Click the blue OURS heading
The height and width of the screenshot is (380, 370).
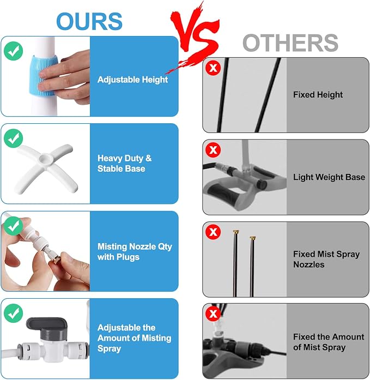(x=89, y=21)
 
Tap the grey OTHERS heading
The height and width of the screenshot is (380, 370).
(x=290, y=43)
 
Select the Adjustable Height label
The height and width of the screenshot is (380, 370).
(x=132, y=80)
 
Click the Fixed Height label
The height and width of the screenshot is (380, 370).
(x=318, y=94)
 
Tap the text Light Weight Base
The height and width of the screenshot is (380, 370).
(x=329, y=177)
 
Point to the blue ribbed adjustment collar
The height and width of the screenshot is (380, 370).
(x=43, y=76)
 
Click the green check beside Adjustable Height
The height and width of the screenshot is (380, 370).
(x=14, y=51)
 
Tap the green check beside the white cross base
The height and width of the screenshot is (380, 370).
(x=14, y=138)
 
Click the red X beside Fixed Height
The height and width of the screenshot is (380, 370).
(x=213, y=68)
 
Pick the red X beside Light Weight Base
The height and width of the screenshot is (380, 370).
(x=213, y=150)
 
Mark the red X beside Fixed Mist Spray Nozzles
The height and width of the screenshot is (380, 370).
(x=213, y=232)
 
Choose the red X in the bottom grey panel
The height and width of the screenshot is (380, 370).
(x=213, y=314)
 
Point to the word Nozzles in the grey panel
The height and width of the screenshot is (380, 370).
(x=309, y=264)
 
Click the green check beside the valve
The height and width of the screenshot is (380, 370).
(x=14, y=313)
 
